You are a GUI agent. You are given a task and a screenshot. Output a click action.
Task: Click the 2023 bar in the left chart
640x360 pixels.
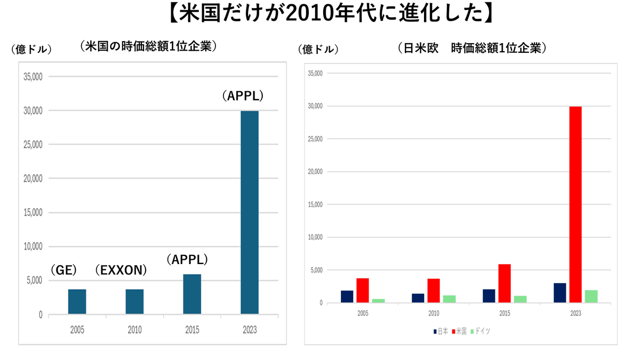pyautogui.click(x=250, y=212)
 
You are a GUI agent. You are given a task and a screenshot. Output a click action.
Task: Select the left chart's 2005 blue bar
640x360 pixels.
pyautogui.click(x=77, y=301)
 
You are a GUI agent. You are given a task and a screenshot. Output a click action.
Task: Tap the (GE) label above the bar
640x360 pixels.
pyautogui.click(x=64, y=270)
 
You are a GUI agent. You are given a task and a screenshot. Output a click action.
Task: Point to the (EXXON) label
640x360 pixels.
pyautogui.click(x=121, y=270)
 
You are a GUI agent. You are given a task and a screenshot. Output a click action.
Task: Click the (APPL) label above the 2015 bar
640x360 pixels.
pyautogui.click(x=186, y=260)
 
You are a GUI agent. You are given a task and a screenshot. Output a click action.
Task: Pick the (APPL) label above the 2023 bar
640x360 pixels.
pyautogui.click(x=243, y=97)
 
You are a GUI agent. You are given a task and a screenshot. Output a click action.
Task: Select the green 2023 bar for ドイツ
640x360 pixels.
pyautogui.click(x=591, y=297)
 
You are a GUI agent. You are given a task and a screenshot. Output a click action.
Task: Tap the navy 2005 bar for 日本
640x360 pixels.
pyautogui.click(x=347, y=297)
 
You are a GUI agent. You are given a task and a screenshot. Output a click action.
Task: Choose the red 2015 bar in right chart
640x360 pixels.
pyautogui.click(x=505, y=283)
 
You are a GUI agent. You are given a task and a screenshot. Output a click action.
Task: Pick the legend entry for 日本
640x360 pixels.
pyautogui.click(x=441, y=331)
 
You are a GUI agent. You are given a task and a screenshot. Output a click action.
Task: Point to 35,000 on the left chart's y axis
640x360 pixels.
pyautogui.click(x=33, y=77)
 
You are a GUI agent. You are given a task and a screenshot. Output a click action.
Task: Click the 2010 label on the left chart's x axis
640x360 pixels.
pyautogui.click(x=135, y=330)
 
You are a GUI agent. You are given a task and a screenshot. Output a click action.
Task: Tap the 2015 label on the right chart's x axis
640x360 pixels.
pyautogui.click(x=505, y=314)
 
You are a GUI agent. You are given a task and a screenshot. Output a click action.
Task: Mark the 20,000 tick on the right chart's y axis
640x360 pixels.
pyautogui.click(x=316, y=172)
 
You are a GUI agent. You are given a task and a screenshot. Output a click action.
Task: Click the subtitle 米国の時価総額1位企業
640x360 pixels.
pyautogui.click(x=148, y=46)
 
